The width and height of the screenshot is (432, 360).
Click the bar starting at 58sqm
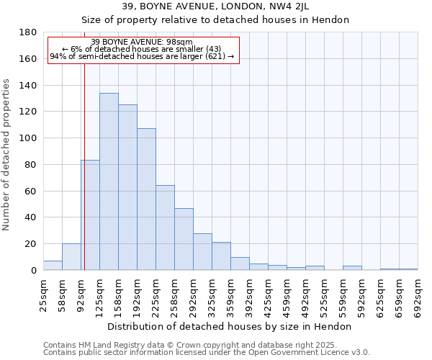click(x=71, y=257)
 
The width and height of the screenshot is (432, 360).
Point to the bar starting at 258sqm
click(x=184, y=239)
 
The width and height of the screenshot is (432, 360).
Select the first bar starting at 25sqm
click(x=53, y=266)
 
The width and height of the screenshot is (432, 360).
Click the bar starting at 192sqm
click(x=146, y=199)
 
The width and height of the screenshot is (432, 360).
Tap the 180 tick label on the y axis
click(x=28, y=32)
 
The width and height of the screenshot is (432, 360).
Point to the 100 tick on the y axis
click(x=28, y=138)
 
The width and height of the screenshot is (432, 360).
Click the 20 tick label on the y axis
click(x=31, y=244)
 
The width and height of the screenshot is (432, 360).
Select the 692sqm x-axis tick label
click(x=418, y=295)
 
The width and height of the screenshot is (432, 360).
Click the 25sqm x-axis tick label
click(x=43, y=295)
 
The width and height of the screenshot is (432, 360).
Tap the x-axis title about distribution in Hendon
click(x=230, y=326)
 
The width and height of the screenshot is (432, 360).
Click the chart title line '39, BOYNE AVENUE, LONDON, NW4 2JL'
click(x=215, y=6)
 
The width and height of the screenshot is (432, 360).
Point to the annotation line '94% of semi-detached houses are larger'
click(x=142, y=57)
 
